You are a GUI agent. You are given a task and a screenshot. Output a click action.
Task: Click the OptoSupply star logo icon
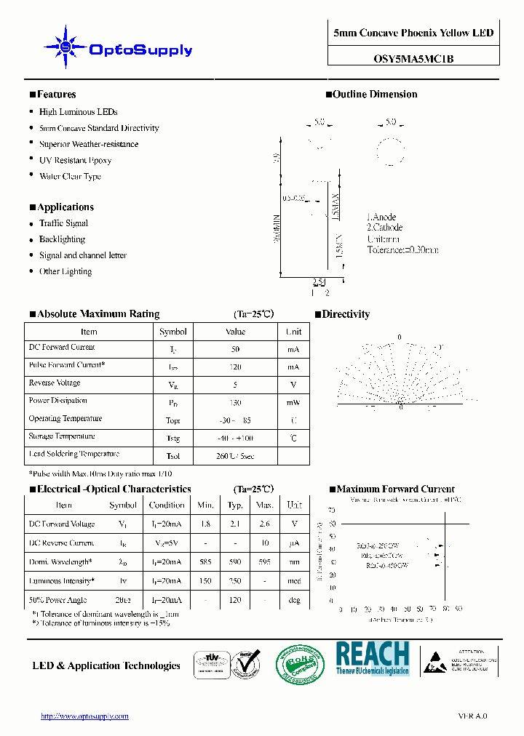[65, 47]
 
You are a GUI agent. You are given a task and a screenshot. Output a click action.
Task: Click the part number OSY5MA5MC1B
[413, 59]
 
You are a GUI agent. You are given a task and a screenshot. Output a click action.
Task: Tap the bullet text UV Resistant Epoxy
[75, 160]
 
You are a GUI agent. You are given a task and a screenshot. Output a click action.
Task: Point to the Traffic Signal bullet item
[63, 223]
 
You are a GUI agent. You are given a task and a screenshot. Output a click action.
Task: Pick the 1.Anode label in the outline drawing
[381, 217]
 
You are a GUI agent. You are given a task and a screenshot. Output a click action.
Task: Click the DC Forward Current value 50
[235, 349]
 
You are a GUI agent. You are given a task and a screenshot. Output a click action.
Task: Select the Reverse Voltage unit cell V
[293, 385]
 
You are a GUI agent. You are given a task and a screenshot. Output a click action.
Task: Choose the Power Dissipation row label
[57, 401]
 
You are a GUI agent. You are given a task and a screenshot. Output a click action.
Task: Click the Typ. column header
[235, 505]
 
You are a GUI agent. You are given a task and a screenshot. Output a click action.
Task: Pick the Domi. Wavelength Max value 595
[264, 562]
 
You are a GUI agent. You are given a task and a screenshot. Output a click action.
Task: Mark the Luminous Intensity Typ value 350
[235, 581]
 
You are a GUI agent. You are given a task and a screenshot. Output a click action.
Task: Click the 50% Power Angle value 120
[235, 600]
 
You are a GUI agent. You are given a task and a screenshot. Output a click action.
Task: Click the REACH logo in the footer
[372, 658]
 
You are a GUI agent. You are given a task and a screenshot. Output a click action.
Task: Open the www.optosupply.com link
[84, 716]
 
